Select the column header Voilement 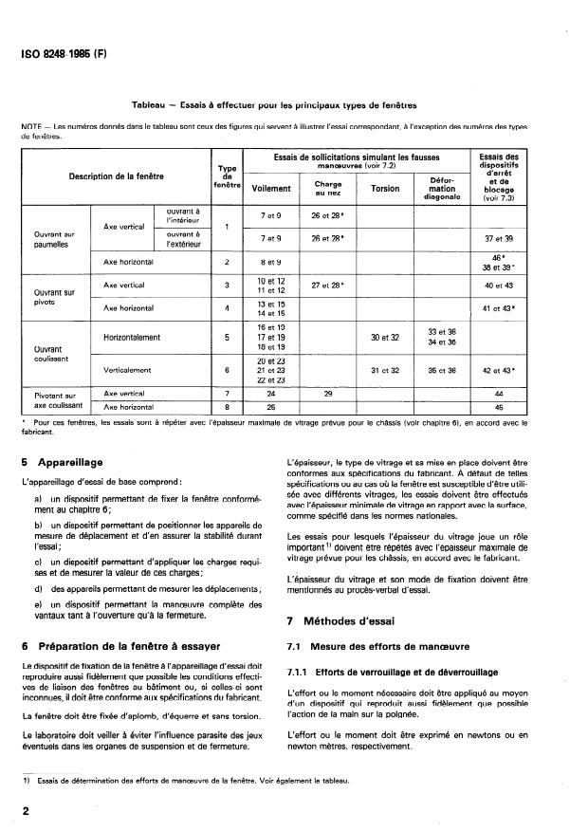pos(271,189)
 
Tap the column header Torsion pos(385,189)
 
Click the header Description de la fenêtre pos(116,176)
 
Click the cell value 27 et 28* pos(327,285)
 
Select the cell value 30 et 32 pos(385,337)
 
